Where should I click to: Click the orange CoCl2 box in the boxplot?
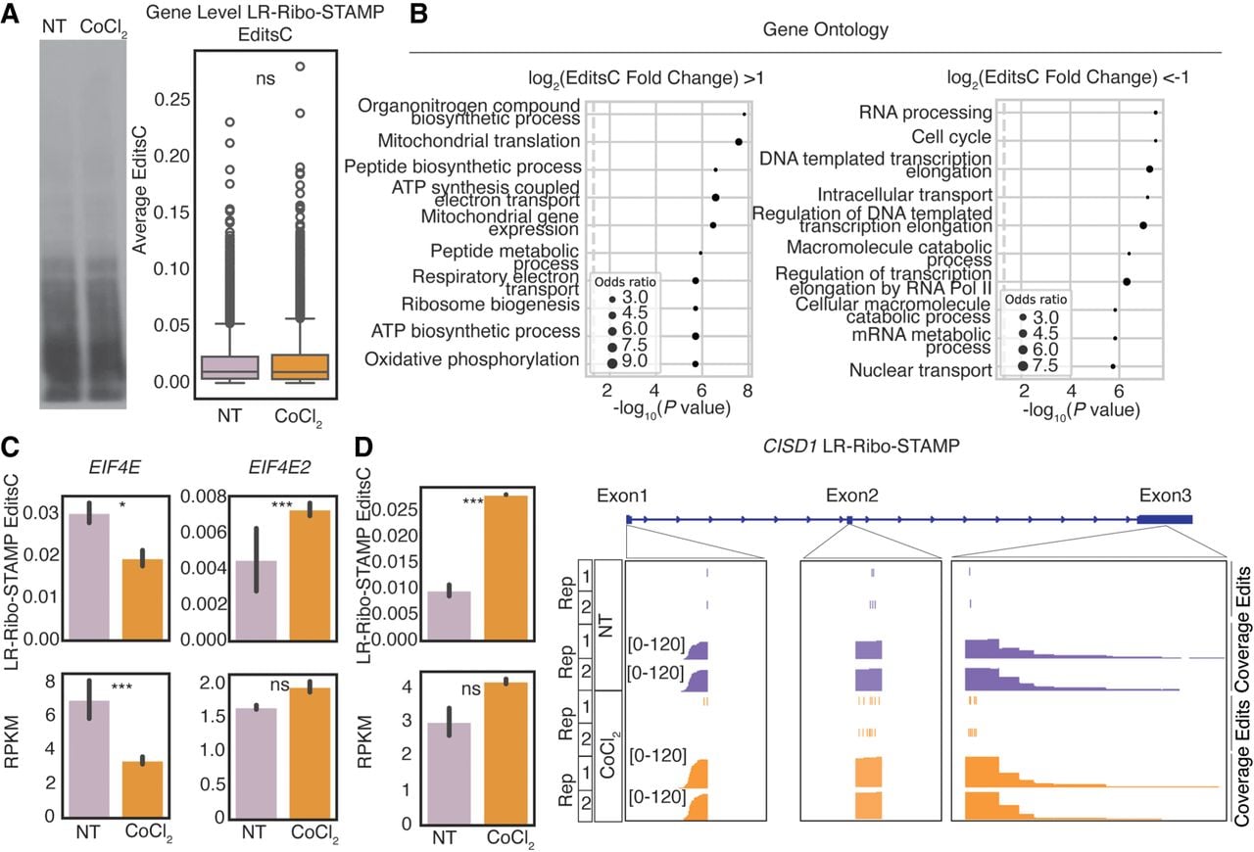point(300,366)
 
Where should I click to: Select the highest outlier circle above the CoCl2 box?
point(300,66)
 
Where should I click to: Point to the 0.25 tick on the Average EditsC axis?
point(171,100)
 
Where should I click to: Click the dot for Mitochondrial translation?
point(739,142)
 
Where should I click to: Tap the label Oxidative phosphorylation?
point(472,359)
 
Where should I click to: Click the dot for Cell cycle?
point(1155,140)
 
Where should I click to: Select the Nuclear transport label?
point(920,370)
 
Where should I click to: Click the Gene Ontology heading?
point(825,29)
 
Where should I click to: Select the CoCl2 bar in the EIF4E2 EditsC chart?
point(310,575)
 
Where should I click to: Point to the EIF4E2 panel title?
point(279,467)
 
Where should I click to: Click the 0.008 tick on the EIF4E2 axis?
point(203,497)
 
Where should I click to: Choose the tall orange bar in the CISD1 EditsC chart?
point(506,568)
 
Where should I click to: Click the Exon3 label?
point(1165,496)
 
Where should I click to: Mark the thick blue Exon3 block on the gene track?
point(1165,519)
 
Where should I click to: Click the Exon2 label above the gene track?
point(851,496)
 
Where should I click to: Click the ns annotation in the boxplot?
point(265,79)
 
